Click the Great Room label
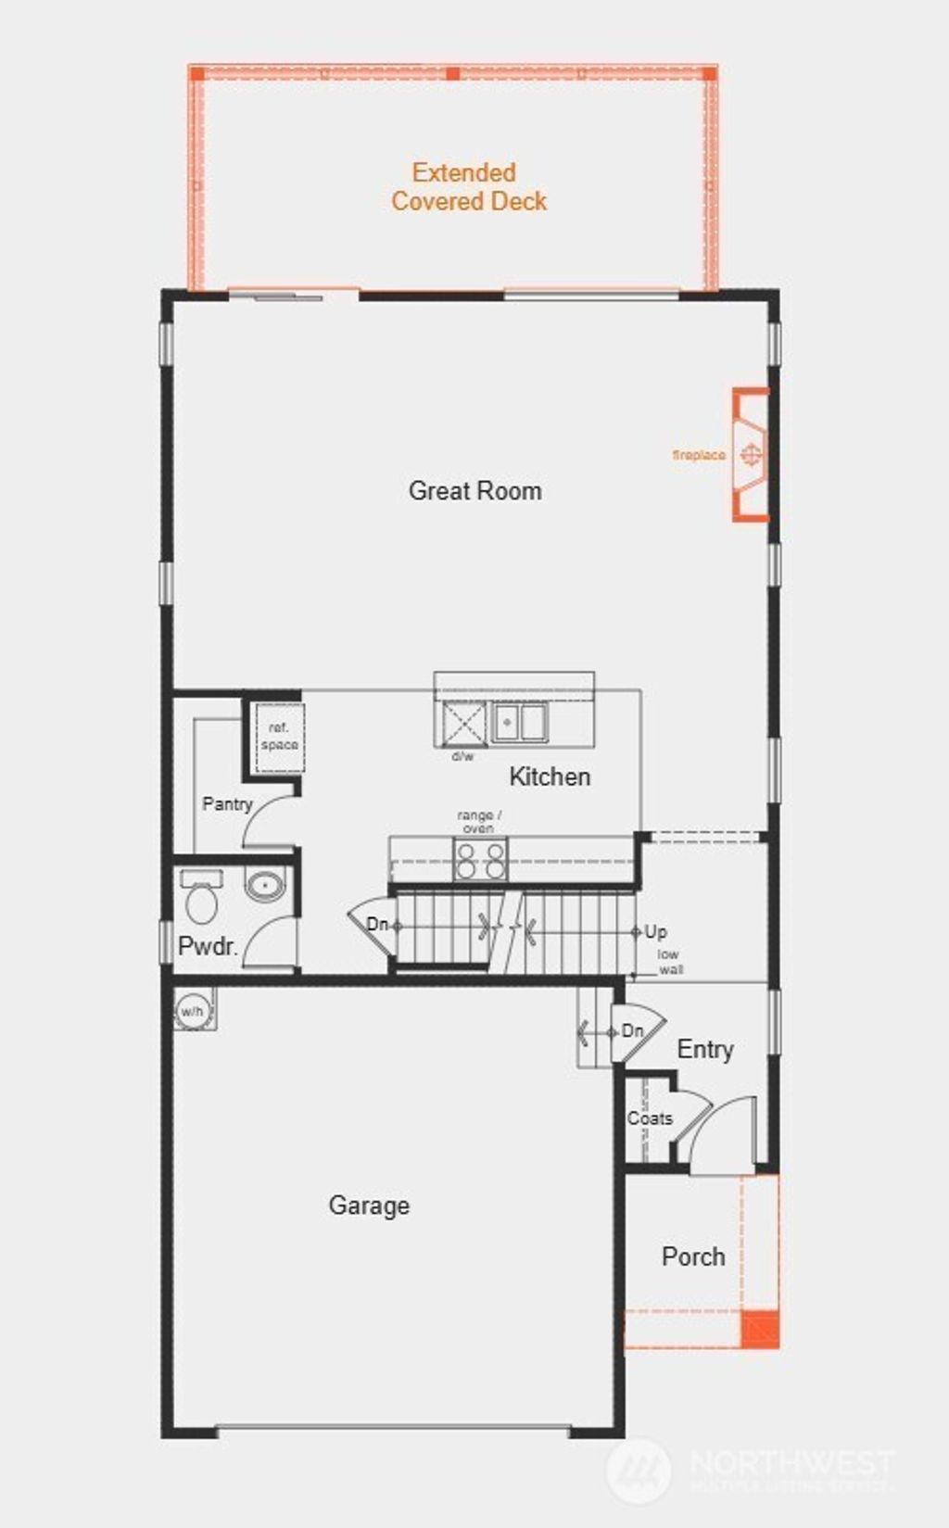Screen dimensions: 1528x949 click(474, 490)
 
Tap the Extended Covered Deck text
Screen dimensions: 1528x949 click(468, 186)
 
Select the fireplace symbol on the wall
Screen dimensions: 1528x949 click(752, 454)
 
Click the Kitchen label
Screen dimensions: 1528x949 click(550, 777)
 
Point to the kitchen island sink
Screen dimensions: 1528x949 click(519, 722)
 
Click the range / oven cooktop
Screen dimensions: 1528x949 click(480, 859)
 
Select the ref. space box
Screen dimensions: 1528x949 click(279, 738)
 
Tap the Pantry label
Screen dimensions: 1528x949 click(227, 803)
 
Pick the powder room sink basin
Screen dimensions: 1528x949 click(265, 886)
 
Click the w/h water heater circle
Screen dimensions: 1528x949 click(192, 1011)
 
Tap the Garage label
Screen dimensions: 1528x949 click(369, 1206)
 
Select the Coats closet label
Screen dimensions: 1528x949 click(650, 1118)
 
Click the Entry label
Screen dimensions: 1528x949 click(705, 1049)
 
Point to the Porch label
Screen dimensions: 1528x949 click(693, 1256)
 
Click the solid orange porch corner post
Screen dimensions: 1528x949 click(760, 1329)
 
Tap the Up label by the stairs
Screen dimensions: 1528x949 click(655, 931)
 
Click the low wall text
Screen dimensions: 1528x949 click(669, 962)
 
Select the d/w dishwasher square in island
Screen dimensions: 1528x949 click(463, 723)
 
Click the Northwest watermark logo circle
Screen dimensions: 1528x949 click(639, 1471)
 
